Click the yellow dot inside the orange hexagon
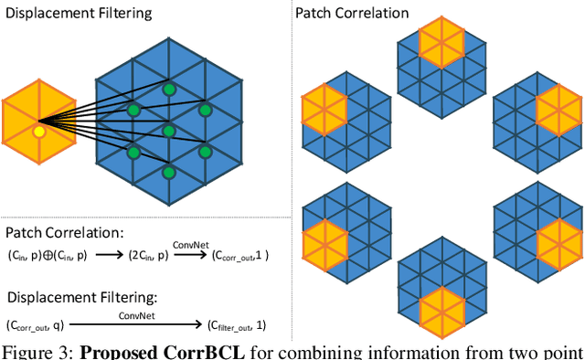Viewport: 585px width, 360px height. [x=38, y=132]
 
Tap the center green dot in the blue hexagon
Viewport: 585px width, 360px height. [x=168, y=131]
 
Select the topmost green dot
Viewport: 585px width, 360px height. [x=168, y=90]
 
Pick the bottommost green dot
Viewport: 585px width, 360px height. [x=168, y=172]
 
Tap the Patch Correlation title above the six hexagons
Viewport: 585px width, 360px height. [x=352, y=13]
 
